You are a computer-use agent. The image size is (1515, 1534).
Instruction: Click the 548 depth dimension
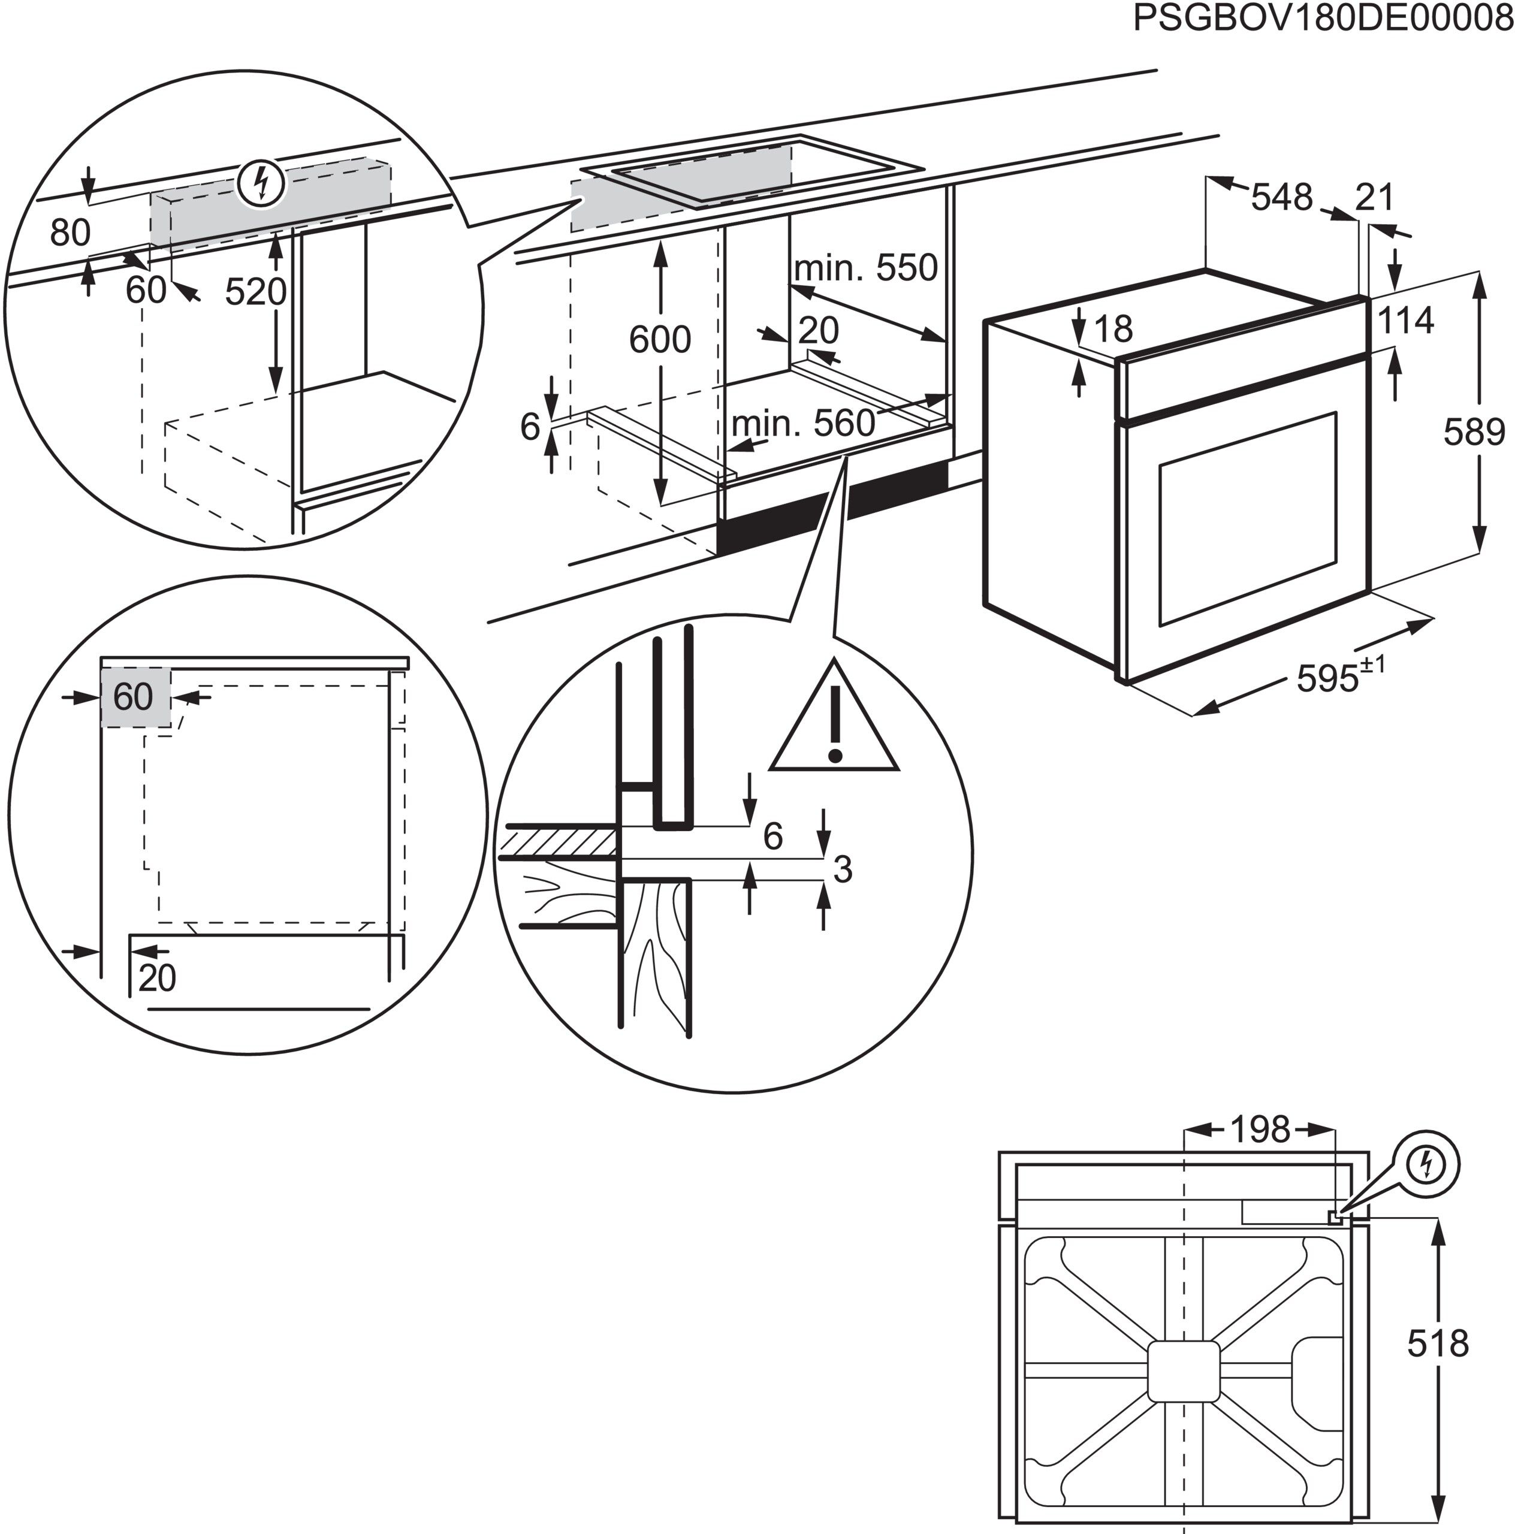pos(1281,197)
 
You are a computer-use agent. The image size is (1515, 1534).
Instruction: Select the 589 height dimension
pos(1474,432)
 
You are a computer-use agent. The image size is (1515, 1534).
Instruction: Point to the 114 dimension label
pos(1405,321)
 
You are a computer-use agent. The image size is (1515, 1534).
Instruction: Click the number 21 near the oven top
pos(1374,197)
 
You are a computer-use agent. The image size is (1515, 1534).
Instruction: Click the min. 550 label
pos(865,268)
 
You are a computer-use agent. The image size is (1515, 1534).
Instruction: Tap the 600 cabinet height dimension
pos(659,340)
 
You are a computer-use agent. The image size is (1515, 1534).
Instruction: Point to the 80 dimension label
pos(70,232)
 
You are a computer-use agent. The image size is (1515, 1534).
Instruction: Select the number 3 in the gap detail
pos(843,869)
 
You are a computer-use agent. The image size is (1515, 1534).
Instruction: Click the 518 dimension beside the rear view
pos(1438,1344)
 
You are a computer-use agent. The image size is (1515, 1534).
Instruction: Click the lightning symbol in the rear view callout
pos(1426,1165)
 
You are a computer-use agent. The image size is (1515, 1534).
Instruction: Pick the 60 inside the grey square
pos(132,697)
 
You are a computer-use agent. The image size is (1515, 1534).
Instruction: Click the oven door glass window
pos(1247,516)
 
